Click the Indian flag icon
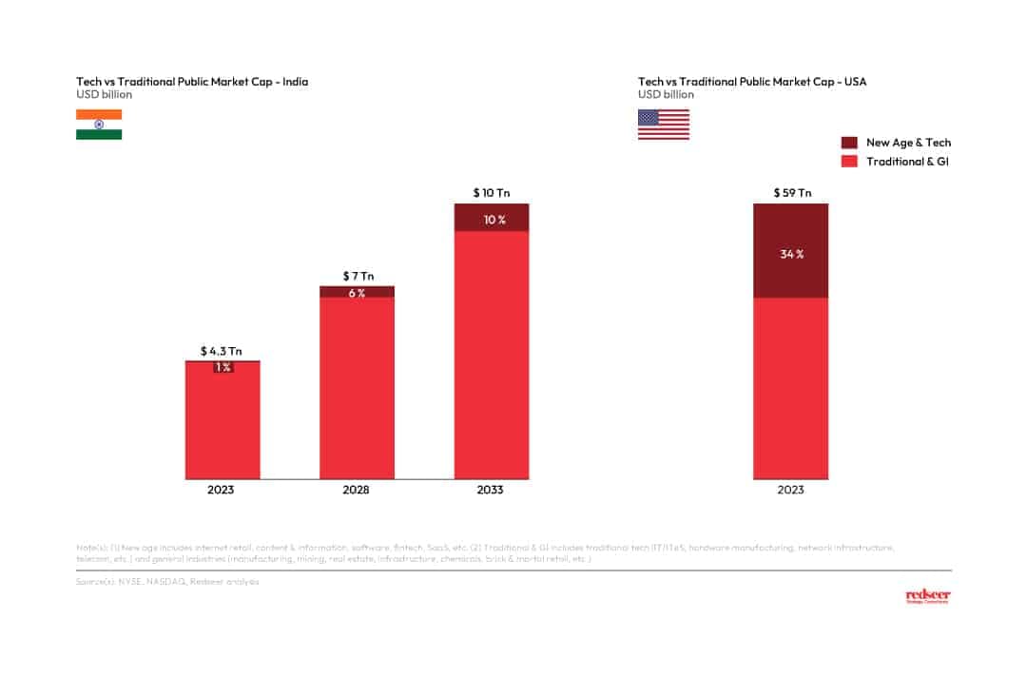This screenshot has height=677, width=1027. tap(99, 125)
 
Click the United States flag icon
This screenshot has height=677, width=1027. tap(663, 125)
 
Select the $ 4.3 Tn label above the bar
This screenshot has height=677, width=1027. tap(222, 351)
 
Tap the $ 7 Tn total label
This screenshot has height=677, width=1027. tap(357, 276)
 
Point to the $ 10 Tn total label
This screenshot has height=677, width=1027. tap(491, 193)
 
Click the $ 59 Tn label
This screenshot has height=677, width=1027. tap(790, 193)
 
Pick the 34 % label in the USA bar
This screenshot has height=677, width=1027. tap(791, 254)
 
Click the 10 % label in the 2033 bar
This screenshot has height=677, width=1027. tap(492, 220)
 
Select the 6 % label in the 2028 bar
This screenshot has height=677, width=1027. tap(357, 293)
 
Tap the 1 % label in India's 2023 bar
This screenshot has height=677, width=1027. tap(222, 367)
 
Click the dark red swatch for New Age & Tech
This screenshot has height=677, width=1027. tap(849, 143)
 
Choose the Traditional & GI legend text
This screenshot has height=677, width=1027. tap(907, 162)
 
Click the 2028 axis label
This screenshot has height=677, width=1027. tap(357, 491)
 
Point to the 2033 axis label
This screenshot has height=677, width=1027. tap(491, 491)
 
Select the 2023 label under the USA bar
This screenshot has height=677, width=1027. tap(790, 491)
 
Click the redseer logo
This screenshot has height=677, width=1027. tap(927, 596)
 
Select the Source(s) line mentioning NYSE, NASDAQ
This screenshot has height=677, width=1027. tap(167, 580)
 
